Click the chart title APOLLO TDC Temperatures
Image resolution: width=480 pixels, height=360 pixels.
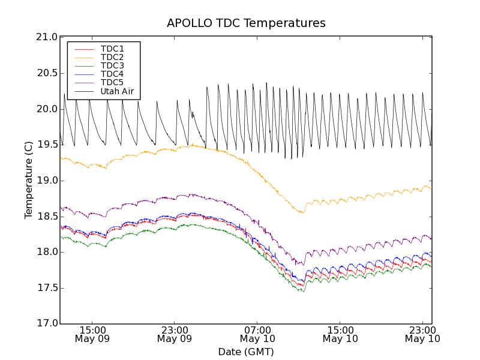[x=246, y=23]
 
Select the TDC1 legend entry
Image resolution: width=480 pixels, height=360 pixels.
[x=112, y=49]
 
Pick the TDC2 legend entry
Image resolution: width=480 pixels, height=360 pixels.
[x=112, y=57]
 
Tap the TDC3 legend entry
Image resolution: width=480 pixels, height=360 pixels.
[x=112, y=65]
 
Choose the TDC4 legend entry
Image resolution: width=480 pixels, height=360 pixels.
[x=112, y=74]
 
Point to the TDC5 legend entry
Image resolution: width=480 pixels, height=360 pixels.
[x=112, y=82]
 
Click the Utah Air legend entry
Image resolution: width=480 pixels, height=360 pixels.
[x=117, y=92]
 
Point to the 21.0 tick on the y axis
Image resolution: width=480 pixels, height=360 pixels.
[x=47, y=37]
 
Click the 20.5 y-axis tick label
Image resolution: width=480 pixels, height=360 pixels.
[x=47, y=73]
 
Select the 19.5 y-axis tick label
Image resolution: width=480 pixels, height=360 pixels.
[x=47, y=145]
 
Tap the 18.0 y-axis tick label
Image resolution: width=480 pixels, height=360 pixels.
[x=47, y=252]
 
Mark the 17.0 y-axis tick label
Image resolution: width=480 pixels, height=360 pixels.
[x=47, y=323]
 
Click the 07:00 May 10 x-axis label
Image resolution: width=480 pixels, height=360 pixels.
[x=257, y=334]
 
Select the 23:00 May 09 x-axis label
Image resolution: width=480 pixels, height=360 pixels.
[x=175, y=334]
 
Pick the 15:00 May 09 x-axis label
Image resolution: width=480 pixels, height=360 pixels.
[x=92, y=334]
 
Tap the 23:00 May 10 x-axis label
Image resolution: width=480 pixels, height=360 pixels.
[x=422, y=334]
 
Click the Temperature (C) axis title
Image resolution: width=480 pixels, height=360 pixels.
[x=29, y=180]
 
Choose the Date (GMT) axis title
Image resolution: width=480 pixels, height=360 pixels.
[x=246, y=352]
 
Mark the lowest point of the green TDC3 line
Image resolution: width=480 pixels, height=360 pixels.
[x=303, y=292]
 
